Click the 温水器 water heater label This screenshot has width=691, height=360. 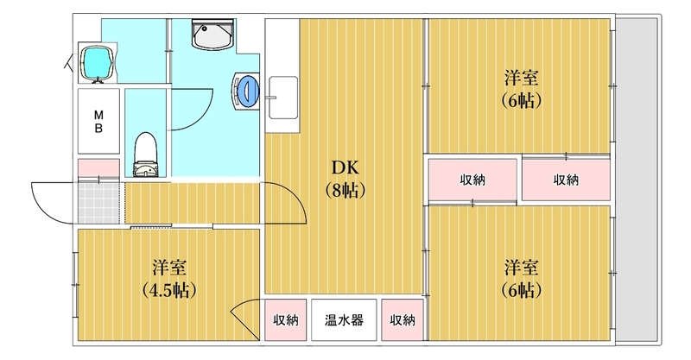tap(344, 319)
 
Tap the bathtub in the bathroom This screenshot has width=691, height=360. tap(98, 61)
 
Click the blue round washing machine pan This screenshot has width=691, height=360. tap(247, 91)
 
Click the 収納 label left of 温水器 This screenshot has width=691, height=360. tap(286, 319)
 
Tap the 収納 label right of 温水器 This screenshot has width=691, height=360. tap(402, 319)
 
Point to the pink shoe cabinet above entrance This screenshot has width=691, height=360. tap(98, 167)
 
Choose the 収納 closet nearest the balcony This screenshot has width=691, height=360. tap(566, 180)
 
